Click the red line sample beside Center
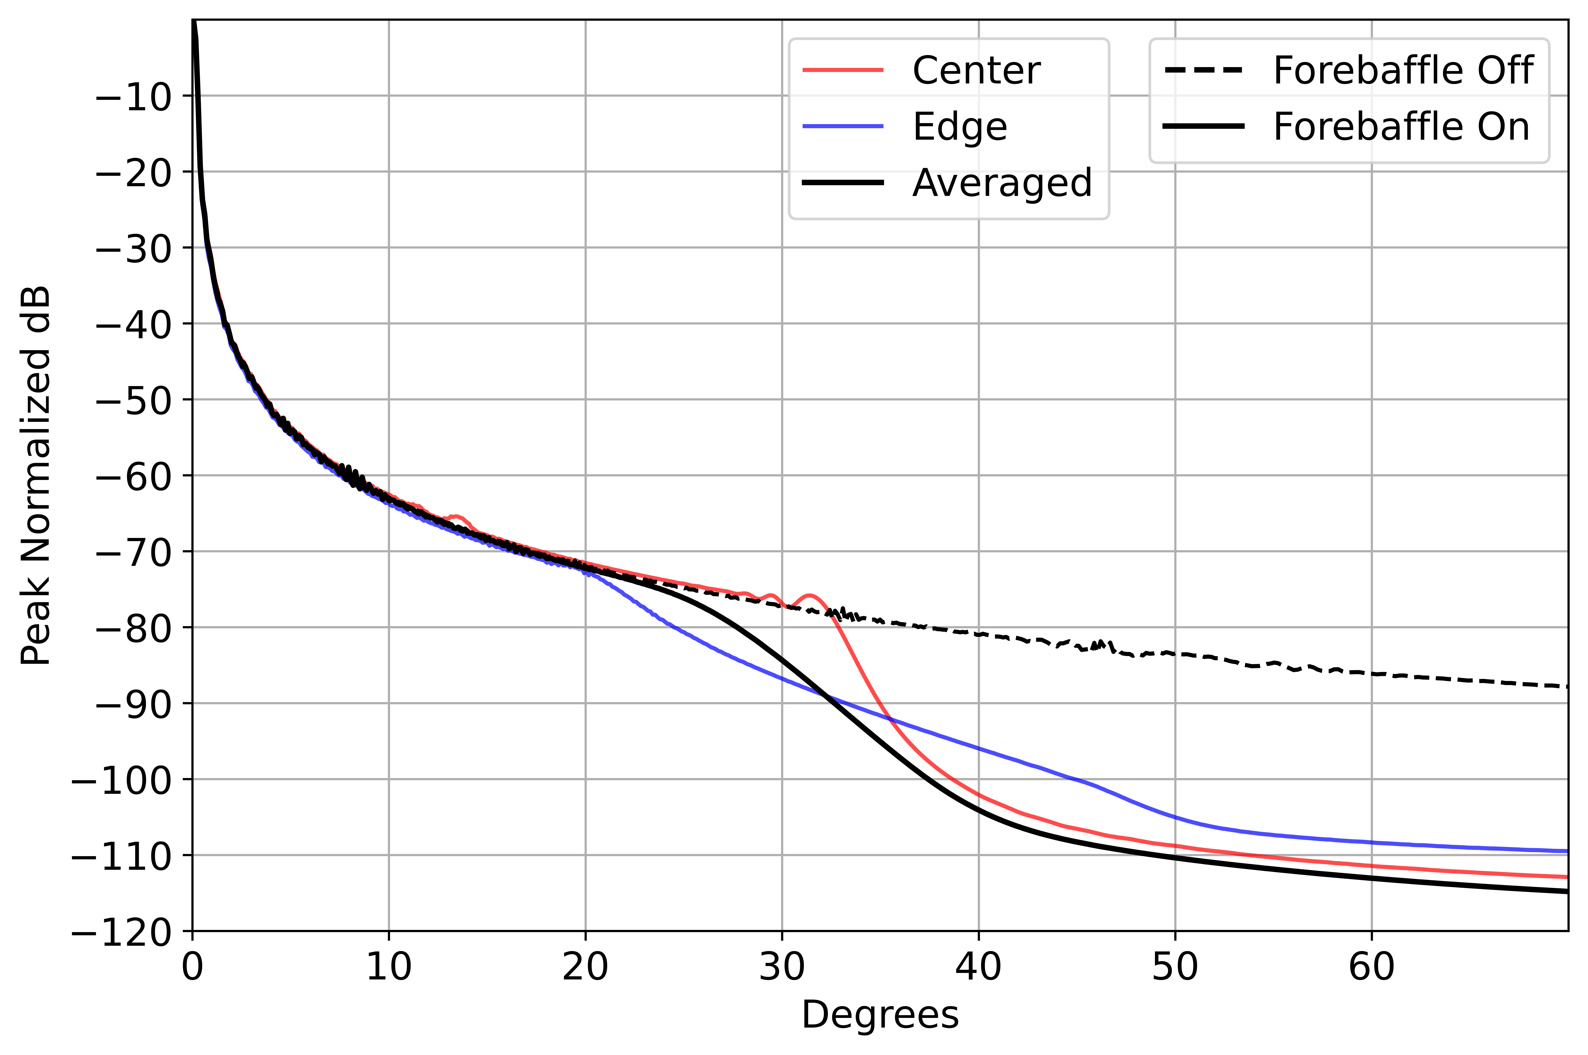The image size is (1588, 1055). click(843, 70)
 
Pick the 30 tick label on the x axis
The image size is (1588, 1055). click(782, 968)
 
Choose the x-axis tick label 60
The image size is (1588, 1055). click(1371, 968)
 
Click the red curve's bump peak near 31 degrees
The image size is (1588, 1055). click(809, 595)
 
